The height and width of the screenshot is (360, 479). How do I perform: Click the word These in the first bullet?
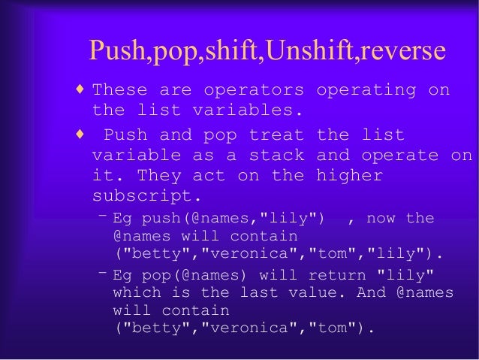click(x=119, y=90)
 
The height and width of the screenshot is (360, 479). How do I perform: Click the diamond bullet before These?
click(x=80, y=89)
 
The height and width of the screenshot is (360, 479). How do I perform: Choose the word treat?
click(x=276, y=136)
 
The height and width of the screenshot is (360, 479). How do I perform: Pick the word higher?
click(x=350, y=176)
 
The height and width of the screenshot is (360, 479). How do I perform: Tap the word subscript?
click(x=142, y=195)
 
